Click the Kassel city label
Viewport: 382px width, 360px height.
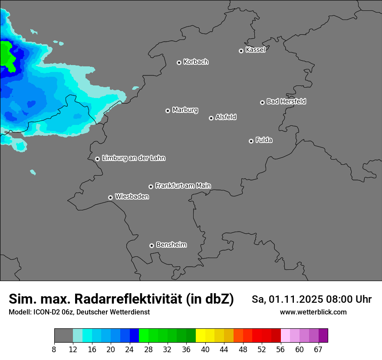(255, 50)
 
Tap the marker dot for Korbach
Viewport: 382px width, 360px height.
(179, 62)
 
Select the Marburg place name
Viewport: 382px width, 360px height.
(185, 110)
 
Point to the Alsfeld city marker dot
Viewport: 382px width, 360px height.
(211, 118)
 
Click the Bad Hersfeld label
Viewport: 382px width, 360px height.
(286, 101)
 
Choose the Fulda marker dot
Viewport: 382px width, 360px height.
(251, 141)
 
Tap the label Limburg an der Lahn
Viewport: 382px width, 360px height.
(133, 158)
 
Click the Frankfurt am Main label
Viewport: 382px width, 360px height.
(183, 186)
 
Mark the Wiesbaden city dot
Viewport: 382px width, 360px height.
(110, 197)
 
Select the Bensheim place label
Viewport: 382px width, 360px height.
(171, 245)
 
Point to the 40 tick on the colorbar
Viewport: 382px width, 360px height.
(205, 349)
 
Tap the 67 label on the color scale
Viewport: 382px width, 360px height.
(318, 349)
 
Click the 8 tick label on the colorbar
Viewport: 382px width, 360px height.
(54, 349)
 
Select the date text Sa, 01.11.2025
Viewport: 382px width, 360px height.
(286, 299)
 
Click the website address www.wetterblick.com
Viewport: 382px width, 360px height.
(313, 312)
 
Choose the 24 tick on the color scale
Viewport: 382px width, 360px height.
(130, 349)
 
